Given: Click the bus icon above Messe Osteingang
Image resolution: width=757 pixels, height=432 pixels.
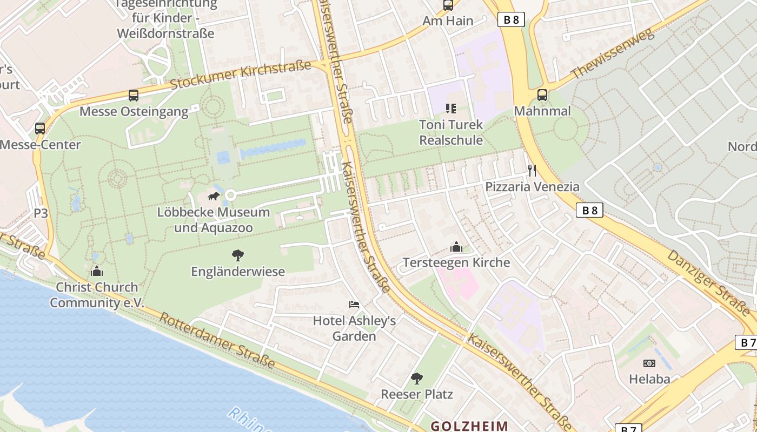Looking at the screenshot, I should tap(133, 96).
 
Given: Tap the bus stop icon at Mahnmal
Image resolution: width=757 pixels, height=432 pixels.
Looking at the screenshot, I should tap(542, 95).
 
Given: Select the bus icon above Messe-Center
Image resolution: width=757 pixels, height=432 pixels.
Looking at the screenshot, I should tap(40, 129).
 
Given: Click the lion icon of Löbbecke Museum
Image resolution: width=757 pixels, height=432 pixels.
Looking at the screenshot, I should tap(213, 196).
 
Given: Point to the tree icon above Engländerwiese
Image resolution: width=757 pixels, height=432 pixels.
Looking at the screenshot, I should tap(237, 255).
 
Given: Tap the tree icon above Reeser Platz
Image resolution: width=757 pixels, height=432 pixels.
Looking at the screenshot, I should tap(416, 378).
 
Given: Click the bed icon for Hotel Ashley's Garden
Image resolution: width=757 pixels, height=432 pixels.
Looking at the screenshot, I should tap(354, 305).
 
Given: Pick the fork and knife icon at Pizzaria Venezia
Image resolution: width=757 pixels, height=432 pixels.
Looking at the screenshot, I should tap(532, 171).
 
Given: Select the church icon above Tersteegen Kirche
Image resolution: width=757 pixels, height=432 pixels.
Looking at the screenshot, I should tap(456, 247).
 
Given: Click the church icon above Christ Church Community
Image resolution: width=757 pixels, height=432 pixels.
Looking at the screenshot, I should tap(97, 271).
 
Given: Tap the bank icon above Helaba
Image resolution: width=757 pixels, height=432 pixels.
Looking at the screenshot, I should tap(649, 363).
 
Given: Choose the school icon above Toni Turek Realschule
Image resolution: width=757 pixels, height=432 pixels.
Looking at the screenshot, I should tap(450, 109).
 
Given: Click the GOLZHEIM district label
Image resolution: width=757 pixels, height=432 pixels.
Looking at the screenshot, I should tap(469, 426).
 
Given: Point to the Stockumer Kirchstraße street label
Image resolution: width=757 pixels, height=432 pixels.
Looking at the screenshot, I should tap(241, 76).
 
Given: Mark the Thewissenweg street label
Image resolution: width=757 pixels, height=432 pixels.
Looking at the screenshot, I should tap(612, 53).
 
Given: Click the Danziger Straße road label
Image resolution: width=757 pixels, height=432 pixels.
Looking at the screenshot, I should tap(708, 283).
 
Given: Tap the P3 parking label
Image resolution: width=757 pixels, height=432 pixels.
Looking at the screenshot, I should tap(41, 213).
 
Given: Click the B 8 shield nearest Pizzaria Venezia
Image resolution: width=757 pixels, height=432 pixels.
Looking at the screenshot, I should tap(589, 210).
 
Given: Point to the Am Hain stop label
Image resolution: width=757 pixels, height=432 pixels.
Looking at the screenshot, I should tap(448, 21).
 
